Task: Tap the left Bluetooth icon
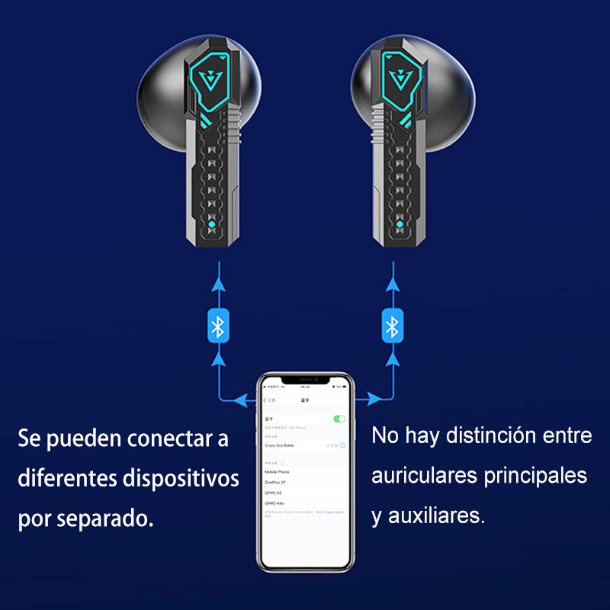coord(218,326)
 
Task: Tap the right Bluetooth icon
coord(392,326)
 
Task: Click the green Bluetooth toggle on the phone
coord(339,419)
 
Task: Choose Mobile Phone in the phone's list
coord(278,472)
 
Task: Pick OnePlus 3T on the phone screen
coord(276,483)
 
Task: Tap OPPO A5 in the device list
coord(274,493)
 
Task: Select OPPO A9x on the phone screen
coord(274,504)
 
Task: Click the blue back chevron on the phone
coord(265,400)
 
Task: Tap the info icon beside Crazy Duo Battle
coord(343,445)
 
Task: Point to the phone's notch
coord(305,379)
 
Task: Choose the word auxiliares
coord(437,516)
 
